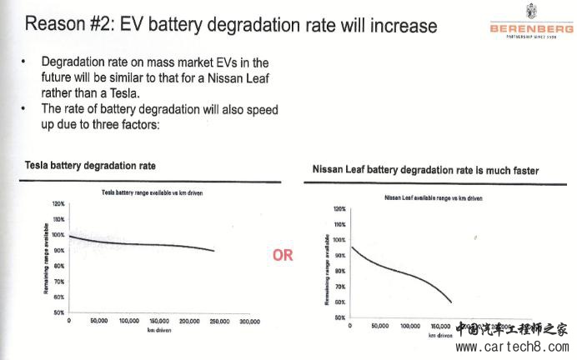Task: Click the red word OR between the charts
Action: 283,255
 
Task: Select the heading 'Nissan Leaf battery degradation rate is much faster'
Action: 425,170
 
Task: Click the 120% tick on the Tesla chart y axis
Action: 58,202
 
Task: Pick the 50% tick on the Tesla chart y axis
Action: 58,312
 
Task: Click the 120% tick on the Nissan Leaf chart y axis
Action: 339,209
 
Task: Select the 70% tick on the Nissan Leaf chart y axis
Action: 339,287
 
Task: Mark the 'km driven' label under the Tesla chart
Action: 158,330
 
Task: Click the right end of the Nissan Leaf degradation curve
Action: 451,302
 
